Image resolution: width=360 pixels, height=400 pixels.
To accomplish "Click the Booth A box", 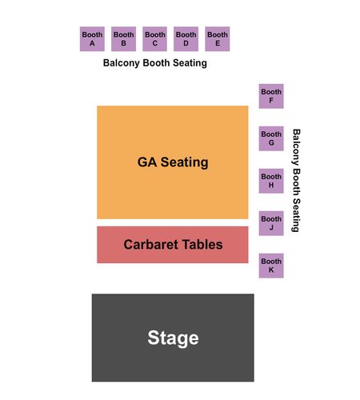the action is pyautogui.click(x=92, y=39).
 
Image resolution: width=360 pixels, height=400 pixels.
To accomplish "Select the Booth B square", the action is pyautogui.click(x=123, y=39).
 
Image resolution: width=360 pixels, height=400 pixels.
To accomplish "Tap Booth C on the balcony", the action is pyautogui.click(x=155, y=39).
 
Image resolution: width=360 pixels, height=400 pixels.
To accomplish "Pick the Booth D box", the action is pyautogui.click(x=186, y=39).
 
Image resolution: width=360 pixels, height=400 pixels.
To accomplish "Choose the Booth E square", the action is pyautogui.click(x=218, y=39).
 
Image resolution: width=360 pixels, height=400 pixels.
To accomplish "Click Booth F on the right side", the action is pyautogui.click(x=271, y=96).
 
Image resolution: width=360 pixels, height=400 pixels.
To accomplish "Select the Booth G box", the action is pyautogui.click(x=271, y=138).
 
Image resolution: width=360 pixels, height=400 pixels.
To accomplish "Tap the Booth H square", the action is pyautogui.click(x=271, y=181).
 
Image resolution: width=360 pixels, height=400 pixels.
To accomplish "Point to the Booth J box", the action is pyautogui.click(x=271, y=223).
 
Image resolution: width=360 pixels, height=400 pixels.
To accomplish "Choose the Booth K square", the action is pyautogui.click(x=271, y=266).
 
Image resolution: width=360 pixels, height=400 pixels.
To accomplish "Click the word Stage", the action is pyautogui.click(x=173, y=338).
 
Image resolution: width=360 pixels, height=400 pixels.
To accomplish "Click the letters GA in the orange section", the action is pyautogui.click(x=147, y=162).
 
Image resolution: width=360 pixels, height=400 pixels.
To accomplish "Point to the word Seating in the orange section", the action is pyautogui.click(x=184, y=162).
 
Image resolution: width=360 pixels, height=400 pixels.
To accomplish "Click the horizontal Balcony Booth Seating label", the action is pyautogui.click(x=155, y=63).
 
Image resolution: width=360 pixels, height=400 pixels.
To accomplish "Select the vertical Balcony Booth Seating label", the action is pyautogui.click(x=297, y=181).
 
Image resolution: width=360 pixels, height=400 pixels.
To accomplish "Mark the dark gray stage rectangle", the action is pyautogui.click(x=173, y=338).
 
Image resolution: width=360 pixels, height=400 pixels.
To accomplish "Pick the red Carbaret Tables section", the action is pyautogui.click(x=173, y=245).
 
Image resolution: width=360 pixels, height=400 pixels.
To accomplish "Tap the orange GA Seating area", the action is pyautogui.click(x=173, y=162).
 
